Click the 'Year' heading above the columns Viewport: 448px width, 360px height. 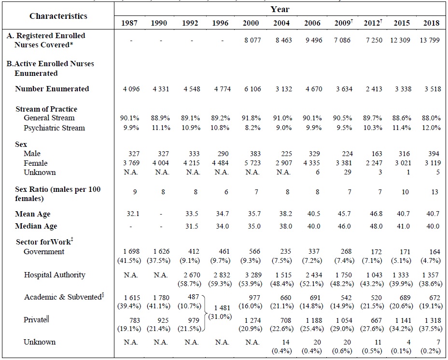pos(280,9)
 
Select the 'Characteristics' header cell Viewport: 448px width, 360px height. pos(58,16)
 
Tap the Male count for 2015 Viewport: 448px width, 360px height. pos(402,154)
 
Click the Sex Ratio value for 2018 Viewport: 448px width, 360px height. pos(434,192)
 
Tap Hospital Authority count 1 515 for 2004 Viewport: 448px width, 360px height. pos(282,275)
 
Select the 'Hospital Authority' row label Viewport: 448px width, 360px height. pos(55,275)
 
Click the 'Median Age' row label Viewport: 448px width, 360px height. pos(36,226)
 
